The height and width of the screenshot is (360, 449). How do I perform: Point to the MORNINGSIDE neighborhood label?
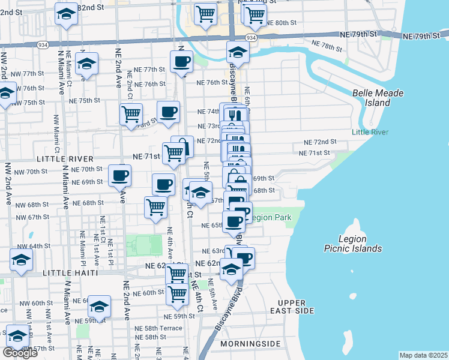pyautogui.click(x=250, y=343)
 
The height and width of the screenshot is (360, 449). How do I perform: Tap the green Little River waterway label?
pyautogui.click(x=370, y=132)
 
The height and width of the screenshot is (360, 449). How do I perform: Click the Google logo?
pyautogui.click(x=20, y=352)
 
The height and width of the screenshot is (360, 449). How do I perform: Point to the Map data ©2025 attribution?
pyautogui.click(x=423, y=355)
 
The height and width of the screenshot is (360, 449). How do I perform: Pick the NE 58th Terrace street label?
pyautogui.click(x=158, y=329)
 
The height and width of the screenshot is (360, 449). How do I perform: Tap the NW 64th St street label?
pyautogui.click(x=34, y=246)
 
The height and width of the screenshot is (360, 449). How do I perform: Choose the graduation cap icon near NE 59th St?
pyautogui.click(x=100, y=307)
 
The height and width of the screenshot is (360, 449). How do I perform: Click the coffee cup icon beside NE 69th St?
pyautogui.click(x=120, y=175)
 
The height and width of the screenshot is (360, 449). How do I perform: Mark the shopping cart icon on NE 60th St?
pyautogui.click(x=177, y=294)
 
